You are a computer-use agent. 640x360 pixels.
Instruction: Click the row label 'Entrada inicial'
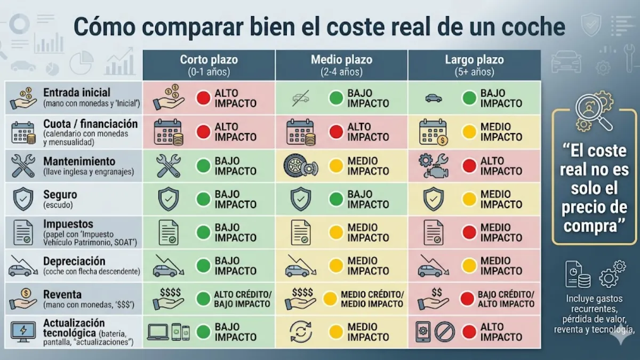click(77, 93)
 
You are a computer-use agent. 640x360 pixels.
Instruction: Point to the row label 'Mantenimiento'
click(79, 161)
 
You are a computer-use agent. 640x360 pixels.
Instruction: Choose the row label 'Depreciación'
click(74, 261)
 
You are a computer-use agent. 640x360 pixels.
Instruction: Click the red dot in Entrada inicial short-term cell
click(203, 98)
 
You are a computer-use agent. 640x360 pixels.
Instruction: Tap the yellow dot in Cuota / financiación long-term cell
click(469, 132)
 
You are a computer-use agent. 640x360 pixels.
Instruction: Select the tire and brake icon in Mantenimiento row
click(301, 166)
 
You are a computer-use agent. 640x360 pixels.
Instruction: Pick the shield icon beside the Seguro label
click(22, 199)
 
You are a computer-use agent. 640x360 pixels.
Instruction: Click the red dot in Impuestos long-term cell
click(469, 233)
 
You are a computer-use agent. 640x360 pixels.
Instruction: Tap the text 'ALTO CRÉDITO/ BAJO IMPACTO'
click(243, 299)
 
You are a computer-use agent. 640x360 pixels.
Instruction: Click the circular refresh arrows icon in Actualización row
click(301, 332)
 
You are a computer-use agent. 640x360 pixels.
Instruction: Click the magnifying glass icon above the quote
click(593, 112)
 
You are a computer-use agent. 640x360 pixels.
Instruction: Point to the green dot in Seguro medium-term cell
click(336, 199)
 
